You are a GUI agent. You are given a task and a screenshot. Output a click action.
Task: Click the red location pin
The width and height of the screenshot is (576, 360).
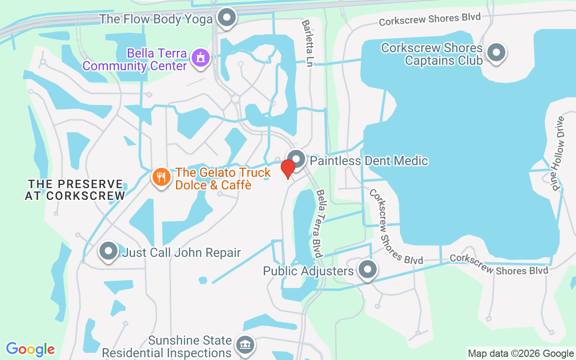click(x=288, y=168)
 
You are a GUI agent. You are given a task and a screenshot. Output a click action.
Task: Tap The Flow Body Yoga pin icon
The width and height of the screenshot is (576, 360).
click(x=227, y=18)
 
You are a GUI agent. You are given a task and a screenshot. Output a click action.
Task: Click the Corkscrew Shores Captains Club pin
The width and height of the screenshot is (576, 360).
click(x=496, y=53)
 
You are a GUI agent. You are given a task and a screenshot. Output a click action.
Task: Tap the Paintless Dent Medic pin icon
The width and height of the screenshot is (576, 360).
click(x=296, y=159)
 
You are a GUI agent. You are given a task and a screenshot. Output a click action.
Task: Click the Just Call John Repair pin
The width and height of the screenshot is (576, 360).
click(x=108, y=251)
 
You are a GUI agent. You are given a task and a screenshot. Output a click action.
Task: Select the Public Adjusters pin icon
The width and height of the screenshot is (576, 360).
click(x=368, y=270)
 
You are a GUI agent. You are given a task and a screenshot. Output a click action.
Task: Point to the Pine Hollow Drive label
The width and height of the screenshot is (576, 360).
click(x=558, y=153)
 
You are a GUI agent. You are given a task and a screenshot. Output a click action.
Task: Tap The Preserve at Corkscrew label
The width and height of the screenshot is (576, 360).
click(x=75, y=190)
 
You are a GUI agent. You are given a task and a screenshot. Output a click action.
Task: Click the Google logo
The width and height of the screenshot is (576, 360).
click(x=30, y=349)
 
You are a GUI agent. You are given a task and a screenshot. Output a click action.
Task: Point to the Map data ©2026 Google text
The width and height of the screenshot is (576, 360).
click(x=521, y=353)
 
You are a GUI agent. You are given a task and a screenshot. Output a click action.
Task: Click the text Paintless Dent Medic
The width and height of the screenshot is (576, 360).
click(x=369, y=161)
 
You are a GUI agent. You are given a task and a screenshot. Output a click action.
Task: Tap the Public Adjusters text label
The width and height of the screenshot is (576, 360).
click(x=308, y=271)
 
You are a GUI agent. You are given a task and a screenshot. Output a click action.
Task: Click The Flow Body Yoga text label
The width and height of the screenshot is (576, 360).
click(x=156, y=19)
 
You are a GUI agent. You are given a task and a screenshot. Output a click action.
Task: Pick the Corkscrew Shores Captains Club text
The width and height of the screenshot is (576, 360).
click(x=432, y=54)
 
